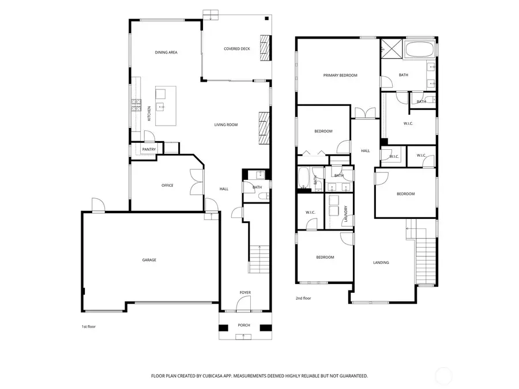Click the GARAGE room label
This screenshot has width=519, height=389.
[149, 260]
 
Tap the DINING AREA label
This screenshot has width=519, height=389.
[166, 52]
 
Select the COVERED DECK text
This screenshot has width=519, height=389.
[237, 49]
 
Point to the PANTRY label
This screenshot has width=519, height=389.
[149, 149]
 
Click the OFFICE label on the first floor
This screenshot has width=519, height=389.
[167, 186]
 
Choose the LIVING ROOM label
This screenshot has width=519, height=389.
[226, 124]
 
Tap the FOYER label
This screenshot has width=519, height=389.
[245, 293]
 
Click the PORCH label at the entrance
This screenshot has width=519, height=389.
[245, 326]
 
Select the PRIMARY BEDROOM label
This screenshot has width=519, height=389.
[340, 75]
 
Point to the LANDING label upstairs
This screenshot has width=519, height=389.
[381, 263]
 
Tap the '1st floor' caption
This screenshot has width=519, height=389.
[88, 327]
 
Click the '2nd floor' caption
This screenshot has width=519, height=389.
[303, 299]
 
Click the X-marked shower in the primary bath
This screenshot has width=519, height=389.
[389, 48]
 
